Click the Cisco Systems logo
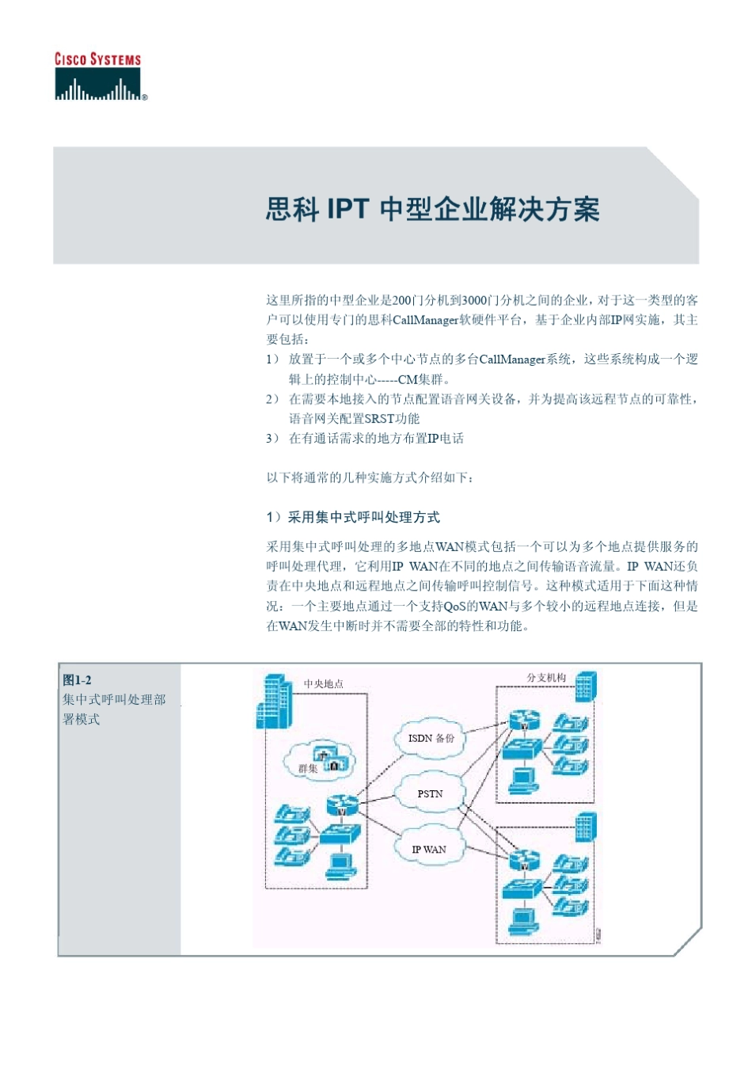click(99, 77)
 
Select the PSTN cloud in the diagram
click(430, 793)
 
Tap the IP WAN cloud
click(428, 849)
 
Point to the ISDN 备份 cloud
click(431, 738)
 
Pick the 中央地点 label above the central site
click(324, 684)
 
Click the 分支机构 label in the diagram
click(546, 678)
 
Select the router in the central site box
click(343, 806)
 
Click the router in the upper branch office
click(524, 721)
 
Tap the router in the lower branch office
click(524, 860)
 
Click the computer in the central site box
click(341, 865)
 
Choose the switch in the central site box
click(340, 834)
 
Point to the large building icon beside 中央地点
click(274, 702)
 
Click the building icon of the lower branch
click(585, 827)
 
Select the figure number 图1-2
click(78, 680)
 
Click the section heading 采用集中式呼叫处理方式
click(363, 517)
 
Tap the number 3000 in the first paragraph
click(474, 300)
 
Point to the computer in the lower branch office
click(523, 921)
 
